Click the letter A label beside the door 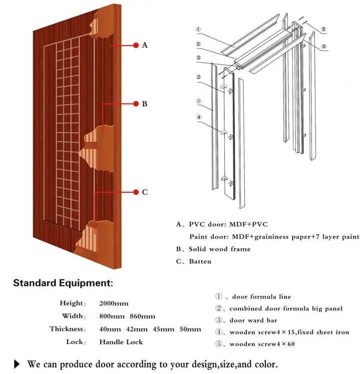point(145,45)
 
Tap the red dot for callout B point(136,104)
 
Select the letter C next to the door point(145,192)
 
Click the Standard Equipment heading point(63,283)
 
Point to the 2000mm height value point(114,303)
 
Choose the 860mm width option point(142,316)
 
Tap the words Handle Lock point(121,342)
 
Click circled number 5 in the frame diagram point(324,30)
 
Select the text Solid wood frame point(219,249)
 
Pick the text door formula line point(260,297)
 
